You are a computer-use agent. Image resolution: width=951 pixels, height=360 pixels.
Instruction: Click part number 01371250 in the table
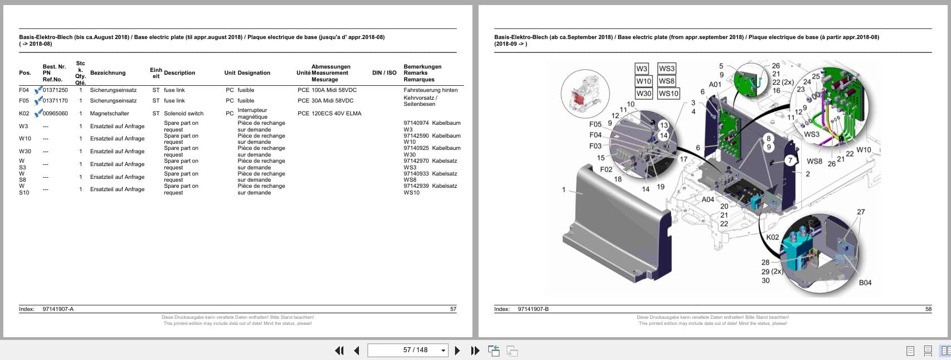(55, 90)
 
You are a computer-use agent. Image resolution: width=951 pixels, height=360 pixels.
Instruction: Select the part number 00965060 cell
(55, 113)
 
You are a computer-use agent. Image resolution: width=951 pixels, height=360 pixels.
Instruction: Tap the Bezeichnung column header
(108, 72)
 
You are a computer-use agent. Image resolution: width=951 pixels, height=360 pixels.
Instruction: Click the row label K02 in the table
(24, 113)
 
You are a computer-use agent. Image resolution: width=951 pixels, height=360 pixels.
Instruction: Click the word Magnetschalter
(110, 113)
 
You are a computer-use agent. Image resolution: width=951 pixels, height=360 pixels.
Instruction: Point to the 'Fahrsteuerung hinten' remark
(431, 90)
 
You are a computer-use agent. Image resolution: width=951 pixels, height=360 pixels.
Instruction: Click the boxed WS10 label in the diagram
(669, 94)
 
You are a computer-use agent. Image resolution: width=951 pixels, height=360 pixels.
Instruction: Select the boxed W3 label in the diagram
(641, 69)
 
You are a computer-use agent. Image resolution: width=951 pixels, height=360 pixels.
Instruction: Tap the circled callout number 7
(789, 160)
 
